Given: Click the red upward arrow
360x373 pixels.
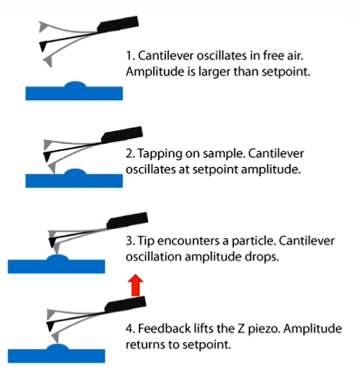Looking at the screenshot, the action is coord(135,285).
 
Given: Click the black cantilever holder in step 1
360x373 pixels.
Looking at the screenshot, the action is coord(118,24).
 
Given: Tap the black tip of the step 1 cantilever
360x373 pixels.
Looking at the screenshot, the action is coord(43,46).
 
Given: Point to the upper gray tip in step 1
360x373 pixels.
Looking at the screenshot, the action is coord(43,26).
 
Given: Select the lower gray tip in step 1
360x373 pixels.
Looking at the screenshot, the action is coord(48,61).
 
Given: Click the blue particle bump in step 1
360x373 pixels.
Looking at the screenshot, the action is coord(75,84).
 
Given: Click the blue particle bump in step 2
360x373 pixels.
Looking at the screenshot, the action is coord(75,171).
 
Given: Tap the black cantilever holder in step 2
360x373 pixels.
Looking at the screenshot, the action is coord(122,135).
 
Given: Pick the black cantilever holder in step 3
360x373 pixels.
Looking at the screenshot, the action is coord(127,221).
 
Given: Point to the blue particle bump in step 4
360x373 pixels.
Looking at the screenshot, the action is coord(57,347).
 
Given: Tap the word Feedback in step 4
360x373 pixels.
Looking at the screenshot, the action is coord(164,328).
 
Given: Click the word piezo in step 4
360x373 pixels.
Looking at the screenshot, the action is coord(263,329).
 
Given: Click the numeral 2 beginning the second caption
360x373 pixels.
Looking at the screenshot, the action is coord(129,153).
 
